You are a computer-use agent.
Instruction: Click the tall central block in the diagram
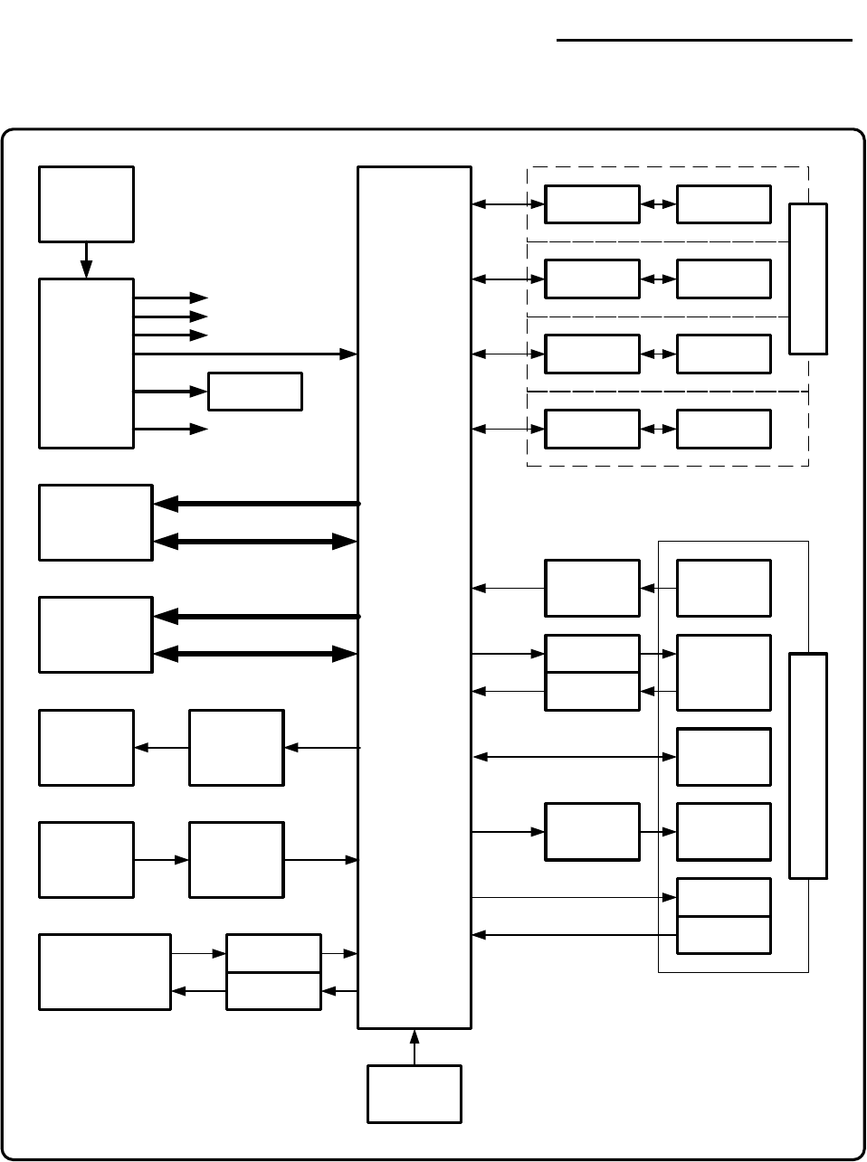point(414,597)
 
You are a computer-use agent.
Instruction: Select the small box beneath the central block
point(414,1094)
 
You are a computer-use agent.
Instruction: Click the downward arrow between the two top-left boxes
point(86,260)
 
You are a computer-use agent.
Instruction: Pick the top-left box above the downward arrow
point(86,203)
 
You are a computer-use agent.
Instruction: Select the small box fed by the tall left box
point(254,391)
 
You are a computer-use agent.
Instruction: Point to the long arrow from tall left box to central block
point(244,354)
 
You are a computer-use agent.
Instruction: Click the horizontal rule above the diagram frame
point(704,41)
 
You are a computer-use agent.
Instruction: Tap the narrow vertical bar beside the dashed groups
point(808,279)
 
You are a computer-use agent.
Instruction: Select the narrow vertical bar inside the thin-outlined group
point(808,765)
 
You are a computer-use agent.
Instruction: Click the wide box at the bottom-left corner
point(105,972)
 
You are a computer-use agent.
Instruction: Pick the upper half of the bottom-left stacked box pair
point(272,953)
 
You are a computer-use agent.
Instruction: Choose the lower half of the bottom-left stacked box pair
point(272,991)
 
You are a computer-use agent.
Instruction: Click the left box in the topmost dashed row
point(592,204)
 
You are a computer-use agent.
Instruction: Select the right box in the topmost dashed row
point(724,204)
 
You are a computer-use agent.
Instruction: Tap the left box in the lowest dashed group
point(592,429)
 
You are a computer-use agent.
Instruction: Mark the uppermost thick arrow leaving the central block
point(256,503)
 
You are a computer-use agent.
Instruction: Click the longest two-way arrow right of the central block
point(575,756)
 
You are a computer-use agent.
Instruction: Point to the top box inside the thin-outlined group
point(724,588)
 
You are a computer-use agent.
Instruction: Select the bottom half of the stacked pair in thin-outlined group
point(724,935)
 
